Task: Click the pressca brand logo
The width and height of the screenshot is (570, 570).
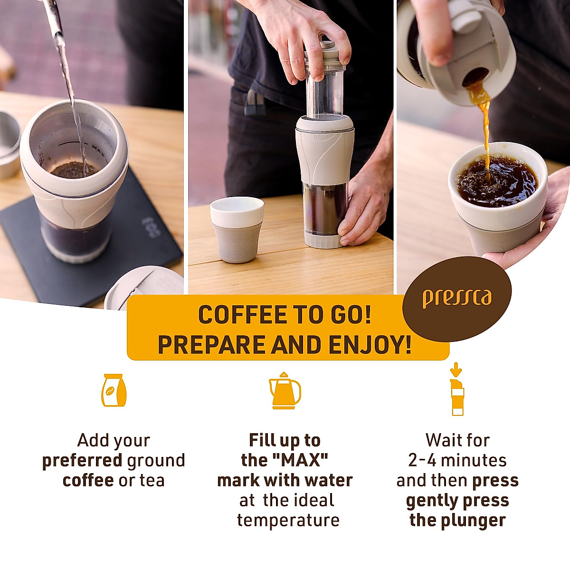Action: pyautogui.click(x=456, y=298)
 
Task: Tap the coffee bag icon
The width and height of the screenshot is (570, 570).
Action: pyautogui.click(x=114, y=390)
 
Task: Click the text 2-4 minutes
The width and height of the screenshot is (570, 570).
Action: pyautogui.click(x=457, y=460)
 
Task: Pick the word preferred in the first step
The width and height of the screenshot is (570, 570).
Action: pyautogui.click(x=82, y=461)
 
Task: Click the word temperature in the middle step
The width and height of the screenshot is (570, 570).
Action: pyautogui.click(x=288, y=520)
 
